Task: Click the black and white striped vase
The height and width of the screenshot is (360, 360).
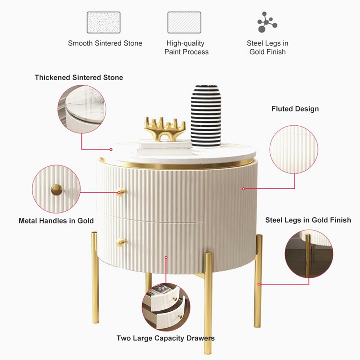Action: click(206, 116)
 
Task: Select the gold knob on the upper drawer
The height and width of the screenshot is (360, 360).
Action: click(121, 192)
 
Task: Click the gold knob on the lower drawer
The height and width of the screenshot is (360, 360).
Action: click(121, 242)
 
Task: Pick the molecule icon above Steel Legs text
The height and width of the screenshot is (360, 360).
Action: click(267, 22)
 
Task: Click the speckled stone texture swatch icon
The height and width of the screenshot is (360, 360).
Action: click(104, 22)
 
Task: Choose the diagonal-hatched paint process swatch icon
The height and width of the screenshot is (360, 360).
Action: click(184, 22)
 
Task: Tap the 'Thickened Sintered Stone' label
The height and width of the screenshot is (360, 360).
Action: click(79, 78)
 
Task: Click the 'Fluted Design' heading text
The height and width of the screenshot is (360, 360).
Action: click(295, 109)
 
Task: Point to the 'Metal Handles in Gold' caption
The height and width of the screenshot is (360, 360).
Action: click(56, 221)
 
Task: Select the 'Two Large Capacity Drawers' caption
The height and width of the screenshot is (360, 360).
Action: click(166, 338)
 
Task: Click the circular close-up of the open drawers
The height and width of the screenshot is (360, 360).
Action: click(166, 307)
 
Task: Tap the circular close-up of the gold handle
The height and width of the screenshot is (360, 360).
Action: click(56, 189)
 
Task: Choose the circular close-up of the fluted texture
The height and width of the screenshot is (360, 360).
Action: click(294, 149)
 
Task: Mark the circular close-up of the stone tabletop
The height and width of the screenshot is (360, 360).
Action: click(82, 109)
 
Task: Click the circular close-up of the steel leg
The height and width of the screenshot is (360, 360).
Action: click(309, 254)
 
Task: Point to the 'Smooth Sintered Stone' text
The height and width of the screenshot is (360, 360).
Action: click(105, 43)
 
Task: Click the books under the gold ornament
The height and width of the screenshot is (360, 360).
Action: click(165, 147)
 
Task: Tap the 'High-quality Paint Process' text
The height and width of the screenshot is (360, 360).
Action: click(186, 48)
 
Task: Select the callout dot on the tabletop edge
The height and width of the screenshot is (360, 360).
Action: click(111, 149)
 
